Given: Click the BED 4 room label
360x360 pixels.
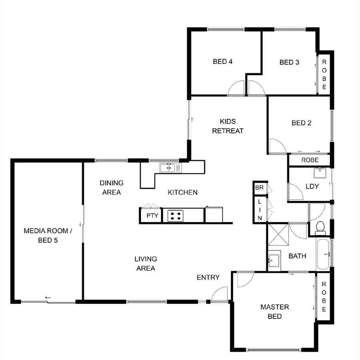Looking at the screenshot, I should click(x=223, y=62).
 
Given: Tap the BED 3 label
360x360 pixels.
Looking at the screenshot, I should click(x=289, y=62).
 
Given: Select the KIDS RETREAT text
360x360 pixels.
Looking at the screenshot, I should click(x=228, y=126).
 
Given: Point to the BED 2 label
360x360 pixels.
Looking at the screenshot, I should click(x=301, y=123).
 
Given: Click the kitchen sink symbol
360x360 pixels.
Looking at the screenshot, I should click(x=170, y=168).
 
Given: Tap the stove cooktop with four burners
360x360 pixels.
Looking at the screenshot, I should click(x=175, y=216).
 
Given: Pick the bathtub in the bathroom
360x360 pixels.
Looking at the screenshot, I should click(x=323, y=254).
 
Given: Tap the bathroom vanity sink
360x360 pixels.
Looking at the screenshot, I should click(x=274, y=260).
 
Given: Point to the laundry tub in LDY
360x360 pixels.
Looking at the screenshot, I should click(x=320, y=174).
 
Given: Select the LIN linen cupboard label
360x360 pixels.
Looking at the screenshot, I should click(x=259, y=210).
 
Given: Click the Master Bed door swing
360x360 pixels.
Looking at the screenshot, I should click(x=244, y=280).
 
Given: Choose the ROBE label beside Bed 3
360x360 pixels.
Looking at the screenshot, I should click(x=324, y=74).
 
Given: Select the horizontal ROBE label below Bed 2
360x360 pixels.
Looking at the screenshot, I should click(x=310, y=160).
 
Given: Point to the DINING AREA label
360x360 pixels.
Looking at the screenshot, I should click(x=111, y=188).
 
